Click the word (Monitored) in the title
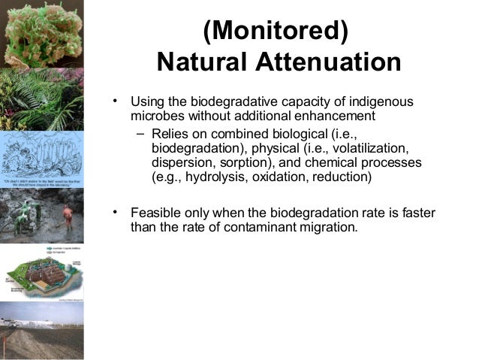click(276, 32)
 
